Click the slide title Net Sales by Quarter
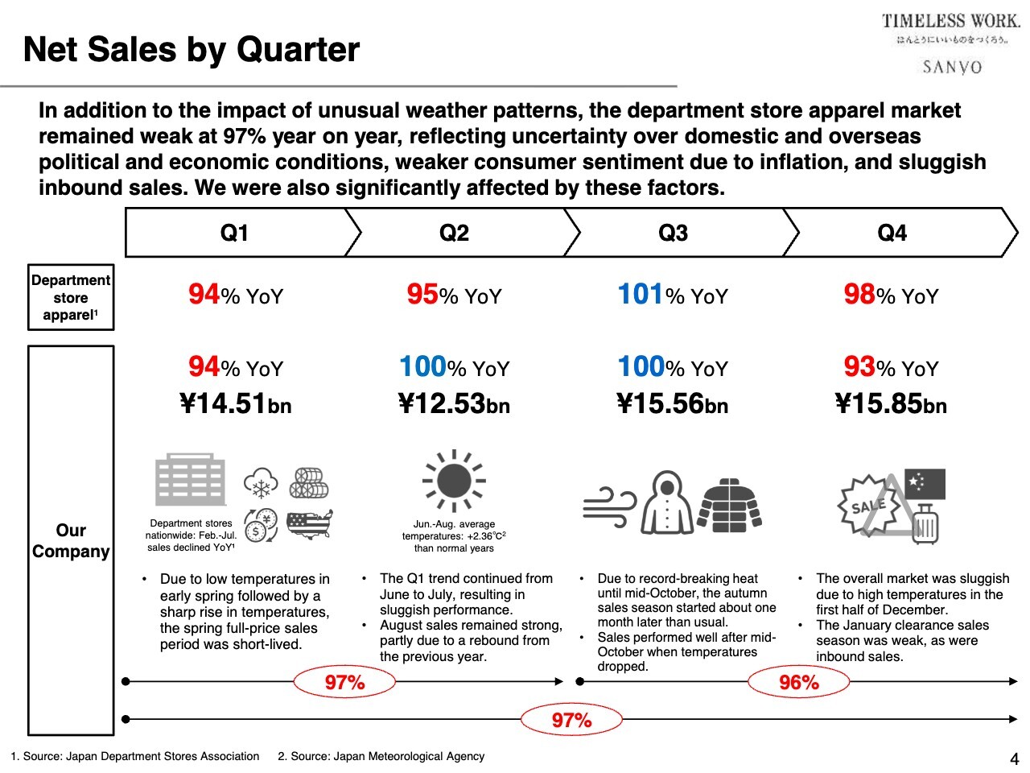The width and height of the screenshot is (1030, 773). click(192, 50)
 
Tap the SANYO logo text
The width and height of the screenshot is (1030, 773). click(952, 67)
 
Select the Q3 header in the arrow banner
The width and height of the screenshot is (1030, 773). click(673, 234)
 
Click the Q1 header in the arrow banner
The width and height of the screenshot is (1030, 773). click(234, 234)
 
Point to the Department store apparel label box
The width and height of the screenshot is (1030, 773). click(71, 297)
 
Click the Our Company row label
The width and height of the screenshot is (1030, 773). click(71, 540)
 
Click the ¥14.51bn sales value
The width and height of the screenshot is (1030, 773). click(235, 403)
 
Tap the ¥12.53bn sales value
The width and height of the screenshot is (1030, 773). click(454, 403)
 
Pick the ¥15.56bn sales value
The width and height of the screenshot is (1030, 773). click(672, 403)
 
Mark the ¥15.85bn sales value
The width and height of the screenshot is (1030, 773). click(891, 403)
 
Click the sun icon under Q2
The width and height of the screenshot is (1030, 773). click(454, 481)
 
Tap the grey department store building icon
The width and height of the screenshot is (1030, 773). click(190, 480)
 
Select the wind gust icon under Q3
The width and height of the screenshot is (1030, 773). click(609, 506)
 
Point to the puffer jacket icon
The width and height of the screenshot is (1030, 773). click(730, 505)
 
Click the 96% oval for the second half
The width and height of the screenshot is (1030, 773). click(798, 683)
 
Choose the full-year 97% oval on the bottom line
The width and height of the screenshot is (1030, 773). click(571, 720)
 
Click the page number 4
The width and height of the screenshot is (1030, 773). click(1014, 759)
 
